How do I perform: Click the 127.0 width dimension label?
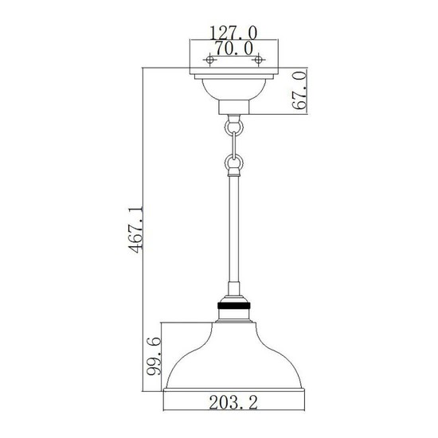tap(233, 34)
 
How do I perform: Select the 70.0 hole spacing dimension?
tap(233, 49)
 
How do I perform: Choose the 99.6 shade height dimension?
tap(155, 358)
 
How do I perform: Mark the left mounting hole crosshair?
tap(210, 61)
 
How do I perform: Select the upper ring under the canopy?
tap(233, 125)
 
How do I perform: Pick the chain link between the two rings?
tap(233, 144)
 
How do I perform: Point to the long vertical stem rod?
tap(233, 231)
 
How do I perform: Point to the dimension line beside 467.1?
tap(143, 231)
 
